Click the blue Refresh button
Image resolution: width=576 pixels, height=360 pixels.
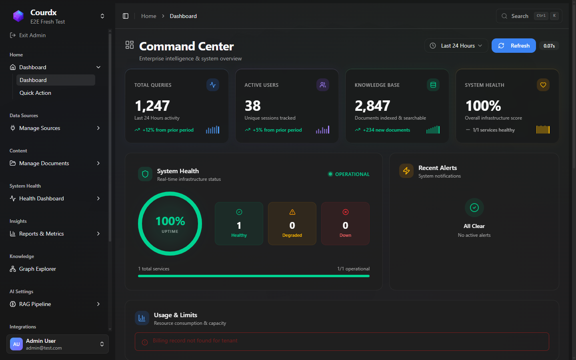pos(514,46)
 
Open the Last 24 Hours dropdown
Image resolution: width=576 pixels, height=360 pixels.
pos(456,46)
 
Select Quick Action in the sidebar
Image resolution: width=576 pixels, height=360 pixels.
pos(35,93)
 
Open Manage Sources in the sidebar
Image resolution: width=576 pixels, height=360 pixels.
pos(40,128)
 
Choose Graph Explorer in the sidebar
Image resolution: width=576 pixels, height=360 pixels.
pos(38,269)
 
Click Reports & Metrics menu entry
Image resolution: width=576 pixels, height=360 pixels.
pos(42,234)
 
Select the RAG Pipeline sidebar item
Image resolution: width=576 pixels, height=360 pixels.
pos(35,304)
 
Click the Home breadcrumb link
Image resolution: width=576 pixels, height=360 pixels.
pos(149,16)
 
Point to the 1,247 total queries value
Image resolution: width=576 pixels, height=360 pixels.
pos(152,106)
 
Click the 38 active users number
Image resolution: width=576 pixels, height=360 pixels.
pos(252,106)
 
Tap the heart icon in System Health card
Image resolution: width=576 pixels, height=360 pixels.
pos(543,85)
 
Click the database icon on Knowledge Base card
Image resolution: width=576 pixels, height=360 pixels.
pos(433,85)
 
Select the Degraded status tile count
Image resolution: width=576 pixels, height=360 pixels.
pos(292,226)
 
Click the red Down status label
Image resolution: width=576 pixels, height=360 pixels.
pos(345,235)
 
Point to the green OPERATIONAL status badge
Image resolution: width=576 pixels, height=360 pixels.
pos(348,174)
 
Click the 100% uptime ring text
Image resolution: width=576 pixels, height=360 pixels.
pos(170,221)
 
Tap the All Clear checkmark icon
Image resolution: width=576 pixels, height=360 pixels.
pos(474,207)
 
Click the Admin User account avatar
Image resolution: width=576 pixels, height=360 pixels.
pos(16,344)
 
